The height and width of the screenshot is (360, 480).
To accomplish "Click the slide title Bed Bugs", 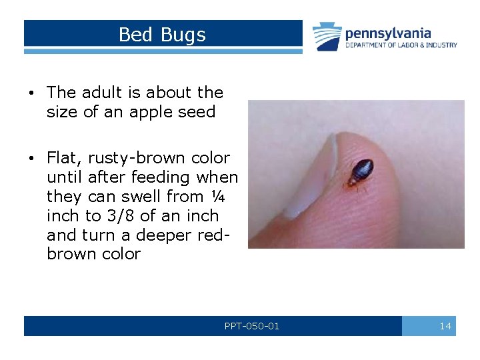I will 162,34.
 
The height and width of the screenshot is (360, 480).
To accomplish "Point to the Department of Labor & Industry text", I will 401,45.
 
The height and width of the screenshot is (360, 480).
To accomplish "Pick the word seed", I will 197,112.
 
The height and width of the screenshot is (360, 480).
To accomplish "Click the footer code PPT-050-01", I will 252,326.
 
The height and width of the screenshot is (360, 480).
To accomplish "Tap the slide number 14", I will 445,326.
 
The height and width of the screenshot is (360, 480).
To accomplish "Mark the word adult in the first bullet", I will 105,93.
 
